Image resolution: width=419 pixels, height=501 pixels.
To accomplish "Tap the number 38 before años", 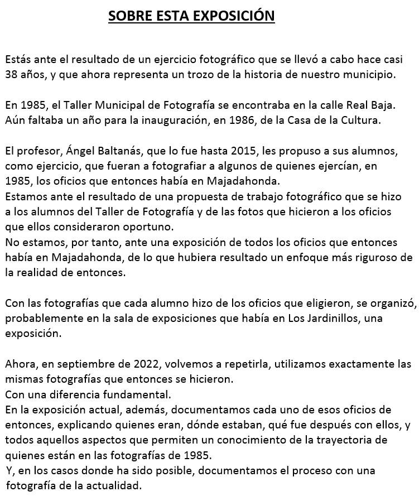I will (x=12, y=74).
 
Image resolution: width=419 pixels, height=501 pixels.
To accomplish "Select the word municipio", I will (x=368, y=74).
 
